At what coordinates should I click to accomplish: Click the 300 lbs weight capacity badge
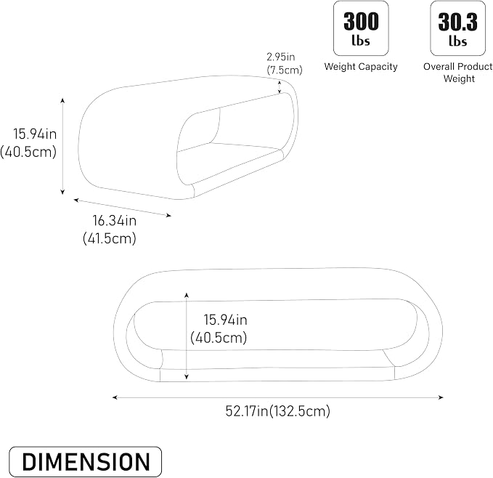361,28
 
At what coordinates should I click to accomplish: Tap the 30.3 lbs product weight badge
457,28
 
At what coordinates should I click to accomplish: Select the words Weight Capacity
361,67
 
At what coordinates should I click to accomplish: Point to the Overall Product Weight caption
458,73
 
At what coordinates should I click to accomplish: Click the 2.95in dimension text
281,57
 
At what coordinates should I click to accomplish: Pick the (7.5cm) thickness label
285,70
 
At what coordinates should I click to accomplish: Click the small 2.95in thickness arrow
280,87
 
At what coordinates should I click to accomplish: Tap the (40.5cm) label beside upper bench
28,152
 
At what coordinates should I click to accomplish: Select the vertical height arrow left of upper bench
62,146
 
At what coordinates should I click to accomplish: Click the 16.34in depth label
115,220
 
